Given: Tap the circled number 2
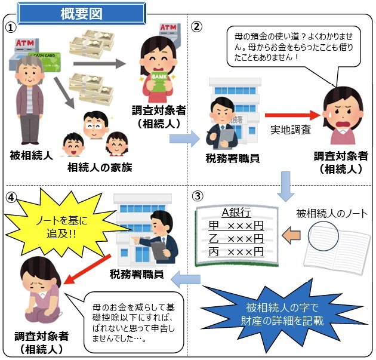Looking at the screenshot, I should pyautogui.click(x=197, y=27).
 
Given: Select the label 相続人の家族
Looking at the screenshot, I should pyautogui.click(x=100, y=168).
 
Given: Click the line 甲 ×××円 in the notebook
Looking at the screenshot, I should pyautogui.click(x=236, y=226).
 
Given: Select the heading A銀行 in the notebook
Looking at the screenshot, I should pyautogui.click(x=236, y=213).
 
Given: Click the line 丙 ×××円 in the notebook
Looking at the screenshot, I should pyautogui.click(x=236, y=252).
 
